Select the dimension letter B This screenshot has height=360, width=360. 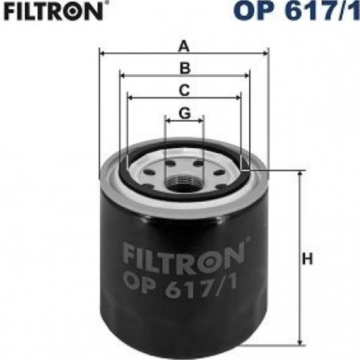[x=185, y=68]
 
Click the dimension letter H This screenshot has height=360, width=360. [x=307, y=259]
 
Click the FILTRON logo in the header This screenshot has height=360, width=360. [x=53, y=11]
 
